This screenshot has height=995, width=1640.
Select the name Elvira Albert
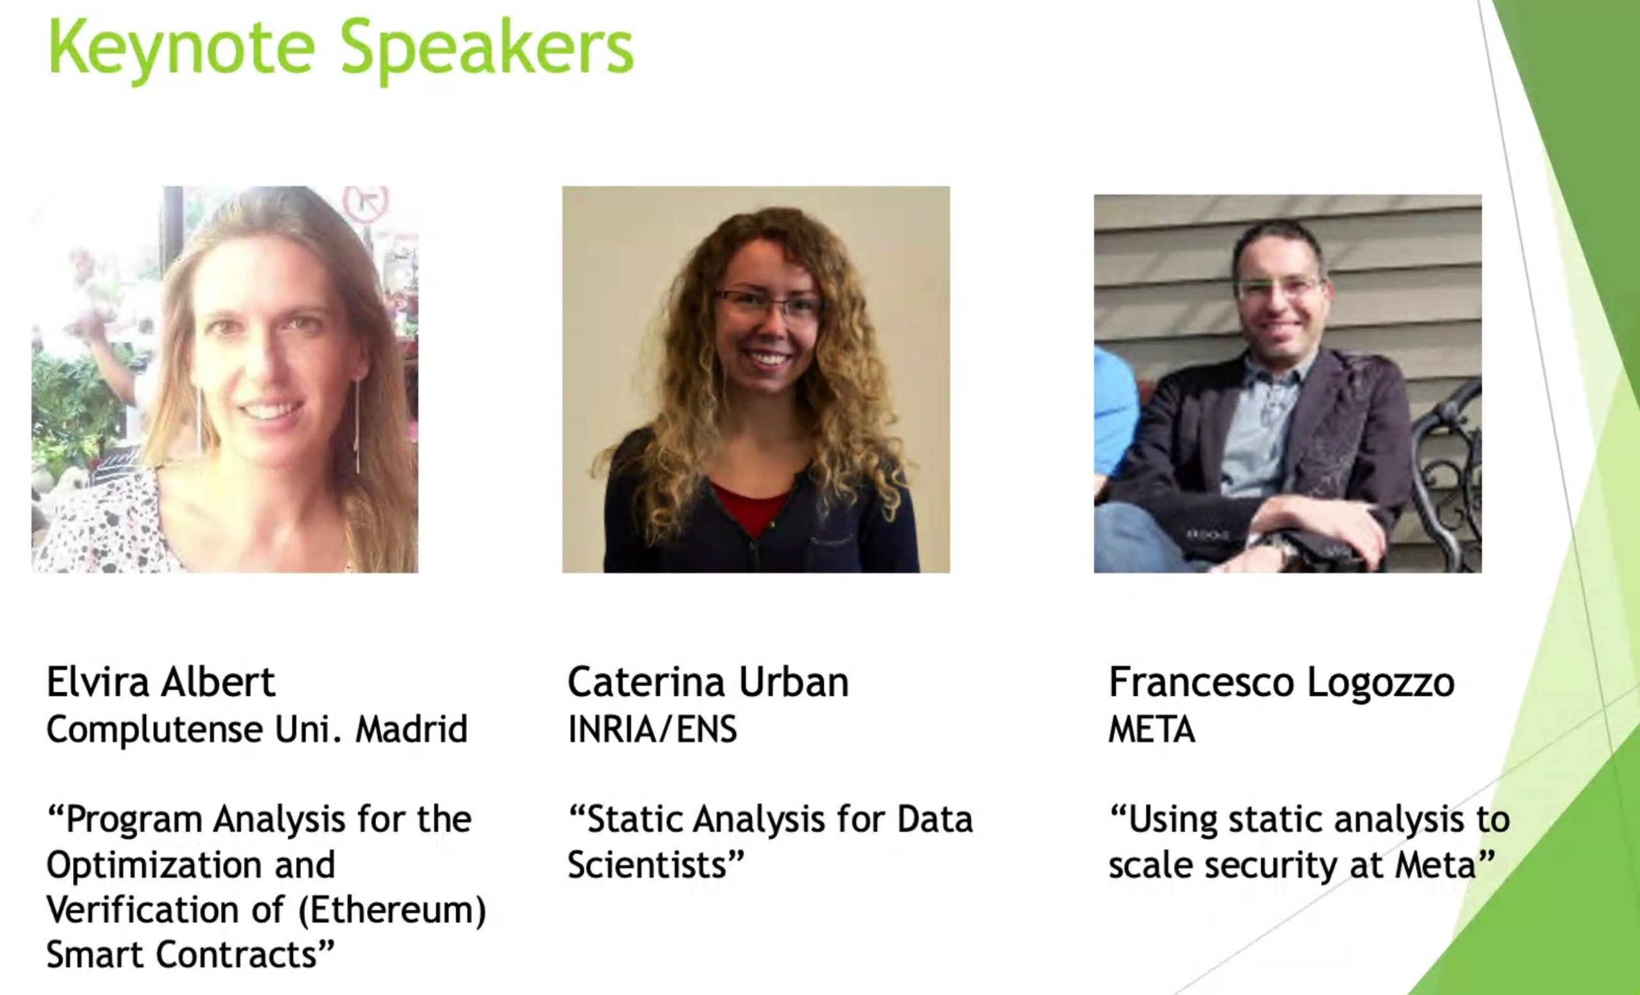[160, 682]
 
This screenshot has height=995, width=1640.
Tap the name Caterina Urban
[708, 682]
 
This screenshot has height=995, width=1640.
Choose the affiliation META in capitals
[1151, 730]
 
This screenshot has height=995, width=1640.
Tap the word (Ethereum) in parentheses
[392, 910]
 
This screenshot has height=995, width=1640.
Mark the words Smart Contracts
[190, 955]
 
